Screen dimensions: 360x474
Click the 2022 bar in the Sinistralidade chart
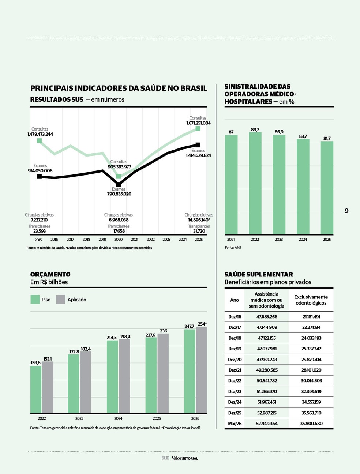click(x=255, y=183)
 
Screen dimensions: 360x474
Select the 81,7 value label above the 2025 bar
click(x=327, y=138)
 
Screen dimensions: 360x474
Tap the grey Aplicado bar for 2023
click(x=85, y=383)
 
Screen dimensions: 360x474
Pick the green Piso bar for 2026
click(x=190, y=371)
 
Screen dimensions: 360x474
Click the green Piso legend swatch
click(x=35, y=300)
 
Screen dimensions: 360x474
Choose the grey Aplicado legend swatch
click(x=60, y=300)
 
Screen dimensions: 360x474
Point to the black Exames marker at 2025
click(x=198, y=145)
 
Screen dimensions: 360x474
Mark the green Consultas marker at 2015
click(x=39, y=140)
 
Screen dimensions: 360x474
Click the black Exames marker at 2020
click(x=118, y=184)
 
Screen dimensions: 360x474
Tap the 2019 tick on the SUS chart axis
click(x=102, y=240)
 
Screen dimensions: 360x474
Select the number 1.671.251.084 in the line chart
click(x=198, y=123)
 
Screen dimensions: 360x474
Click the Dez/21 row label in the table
click(x=235, y=370)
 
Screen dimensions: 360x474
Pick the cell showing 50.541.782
click(x=267, y=381)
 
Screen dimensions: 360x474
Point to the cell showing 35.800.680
click(x=311, y=424)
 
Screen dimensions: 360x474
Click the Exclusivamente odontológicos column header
click(x=311, y=300)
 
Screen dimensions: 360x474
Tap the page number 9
click(x=346, y=211)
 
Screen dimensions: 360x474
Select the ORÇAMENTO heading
click(x=50, y=274)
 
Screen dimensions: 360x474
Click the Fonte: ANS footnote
click(x=233, y=248)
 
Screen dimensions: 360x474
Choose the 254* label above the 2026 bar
click(x=202, y=324)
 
